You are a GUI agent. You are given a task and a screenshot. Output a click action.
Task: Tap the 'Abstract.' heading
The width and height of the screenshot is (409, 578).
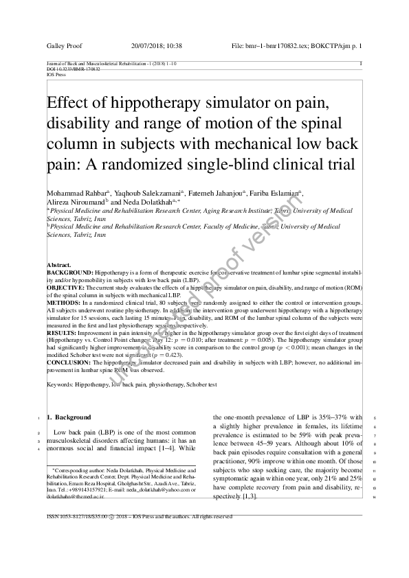58,264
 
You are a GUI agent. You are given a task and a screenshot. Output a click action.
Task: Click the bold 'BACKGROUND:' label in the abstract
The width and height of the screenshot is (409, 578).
69,272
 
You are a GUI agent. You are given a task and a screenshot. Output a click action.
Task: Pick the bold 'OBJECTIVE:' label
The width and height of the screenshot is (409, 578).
66,287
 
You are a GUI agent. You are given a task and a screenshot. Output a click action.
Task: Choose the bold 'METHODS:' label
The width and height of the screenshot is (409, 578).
63,302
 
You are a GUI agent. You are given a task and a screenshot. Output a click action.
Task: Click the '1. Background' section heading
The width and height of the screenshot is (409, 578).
68,417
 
